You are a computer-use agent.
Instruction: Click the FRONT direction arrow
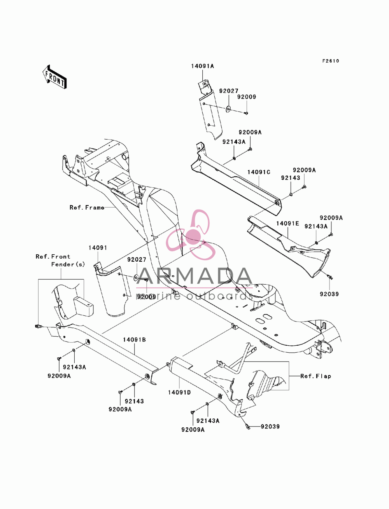[54, 76]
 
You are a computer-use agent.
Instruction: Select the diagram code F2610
[331, 61]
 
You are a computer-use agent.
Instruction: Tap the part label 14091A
[203, 66]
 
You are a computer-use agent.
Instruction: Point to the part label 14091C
[259, 172]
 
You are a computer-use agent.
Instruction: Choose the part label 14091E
[287, 224]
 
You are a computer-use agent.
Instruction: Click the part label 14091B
[134, 340]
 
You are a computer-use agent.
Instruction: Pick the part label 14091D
[179, 393]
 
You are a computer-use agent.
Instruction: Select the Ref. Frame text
[87, 208]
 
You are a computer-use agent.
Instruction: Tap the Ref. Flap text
[315, 376]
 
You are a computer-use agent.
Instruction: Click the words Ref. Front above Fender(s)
[53, 257]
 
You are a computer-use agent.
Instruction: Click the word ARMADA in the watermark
[194, 276]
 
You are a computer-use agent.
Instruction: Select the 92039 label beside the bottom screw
[270, 427]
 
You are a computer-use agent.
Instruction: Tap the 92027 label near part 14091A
[229, 91]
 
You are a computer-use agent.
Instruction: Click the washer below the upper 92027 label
[228, 108]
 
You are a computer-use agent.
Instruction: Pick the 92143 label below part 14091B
[134, 401]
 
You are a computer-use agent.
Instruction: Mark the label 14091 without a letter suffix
[98, 248]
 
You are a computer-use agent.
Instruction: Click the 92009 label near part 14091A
[247, 97]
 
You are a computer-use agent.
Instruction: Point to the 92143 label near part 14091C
[291, 178]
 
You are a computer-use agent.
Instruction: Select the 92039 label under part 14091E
[329, 294]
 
